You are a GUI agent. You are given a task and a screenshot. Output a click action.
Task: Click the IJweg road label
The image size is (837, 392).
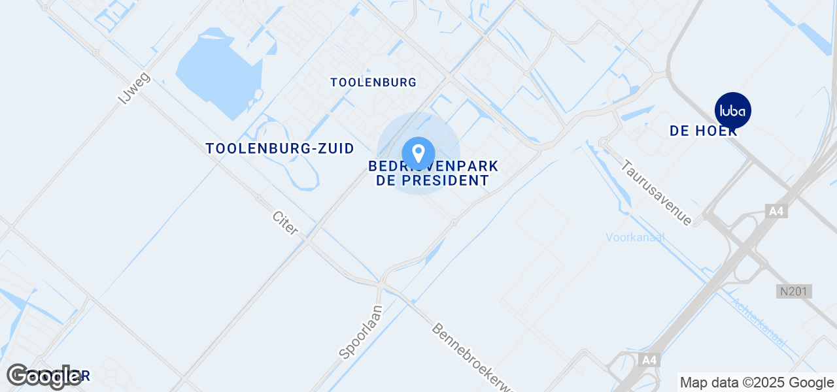click(x=134, y=88)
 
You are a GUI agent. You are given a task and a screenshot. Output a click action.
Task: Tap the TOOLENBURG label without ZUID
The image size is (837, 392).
click(x=373, y=82)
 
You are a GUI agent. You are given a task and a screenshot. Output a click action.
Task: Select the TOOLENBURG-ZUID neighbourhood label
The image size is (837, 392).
click(x=280, y=148)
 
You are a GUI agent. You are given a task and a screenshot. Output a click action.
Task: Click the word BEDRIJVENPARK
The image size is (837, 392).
click(x=434, y=167)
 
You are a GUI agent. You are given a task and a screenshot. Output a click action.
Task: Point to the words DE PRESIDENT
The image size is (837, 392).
click(x=433, y=180)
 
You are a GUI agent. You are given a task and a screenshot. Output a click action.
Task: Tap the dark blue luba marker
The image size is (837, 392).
click(x=733, y=110)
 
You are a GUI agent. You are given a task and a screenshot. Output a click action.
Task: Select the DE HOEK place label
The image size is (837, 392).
click(x=704, y=131)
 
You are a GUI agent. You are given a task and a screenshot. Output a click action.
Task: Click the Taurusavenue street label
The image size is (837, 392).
click(x=657, y=193)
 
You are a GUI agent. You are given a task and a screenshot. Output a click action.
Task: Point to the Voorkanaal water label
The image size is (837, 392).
click(x=635, y=237)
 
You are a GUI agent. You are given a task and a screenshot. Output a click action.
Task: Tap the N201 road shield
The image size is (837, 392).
click(x=794, y=291)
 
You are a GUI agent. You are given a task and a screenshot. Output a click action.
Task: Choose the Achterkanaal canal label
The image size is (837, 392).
click(x=759, y=323)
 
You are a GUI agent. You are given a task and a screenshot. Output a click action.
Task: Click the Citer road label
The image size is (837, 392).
click(x=286, y=223)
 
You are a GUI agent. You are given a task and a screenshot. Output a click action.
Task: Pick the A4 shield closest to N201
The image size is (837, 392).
click(x=776, y=211)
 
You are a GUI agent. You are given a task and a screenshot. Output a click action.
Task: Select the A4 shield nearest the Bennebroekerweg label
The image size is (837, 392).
click(x=649, y=360)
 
